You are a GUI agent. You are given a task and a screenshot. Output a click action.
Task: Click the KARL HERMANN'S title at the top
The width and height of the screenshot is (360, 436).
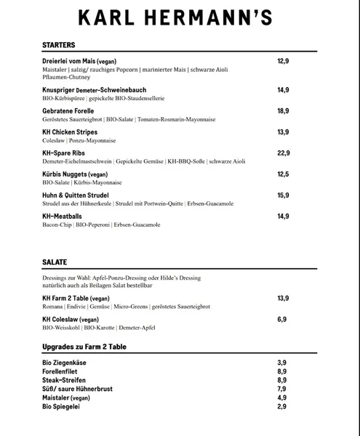pyautogui.click(x=180, y=18)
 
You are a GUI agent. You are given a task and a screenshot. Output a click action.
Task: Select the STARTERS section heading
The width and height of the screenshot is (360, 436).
pyautogui.click(x=58, y=45)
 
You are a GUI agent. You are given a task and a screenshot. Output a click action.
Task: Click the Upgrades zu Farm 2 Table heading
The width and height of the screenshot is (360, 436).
pyautogui.click(x=84, y=347)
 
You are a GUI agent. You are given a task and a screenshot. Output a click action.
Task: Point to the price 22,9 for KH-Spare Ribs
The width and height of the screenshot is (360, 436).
pyautogui.click(x=284, y=153)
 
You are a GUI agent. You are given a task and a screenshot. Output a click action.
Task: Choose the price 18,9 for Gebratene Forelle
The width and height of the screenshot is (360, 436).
pyautogui.click(x=284, y=111)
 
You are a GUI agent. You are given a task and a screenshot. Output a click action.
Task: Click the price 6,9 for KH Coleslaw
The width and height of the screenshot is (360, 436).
pyautogui.click(x=281, y=319)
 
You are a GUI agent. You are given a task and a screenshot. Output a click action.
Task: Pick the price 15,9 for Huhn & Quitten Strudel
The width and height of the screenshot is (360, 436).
pyautogui.click(x=284, y=195)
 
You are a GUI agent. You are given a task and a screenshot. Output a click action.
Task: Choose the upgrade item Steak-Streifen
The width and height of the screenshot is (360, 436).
pyautogui.click(x=63, y=379)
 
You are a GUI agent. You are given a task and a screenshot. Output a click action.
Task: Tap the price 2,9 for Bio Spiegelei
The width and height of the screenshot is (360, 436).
pyautogui.click(x=281, y=406)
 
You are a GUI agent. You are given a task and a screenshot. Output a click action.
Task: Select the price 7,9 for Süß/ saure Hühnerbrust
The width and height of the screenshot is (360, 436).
pyautogui.click(x=281, y=389)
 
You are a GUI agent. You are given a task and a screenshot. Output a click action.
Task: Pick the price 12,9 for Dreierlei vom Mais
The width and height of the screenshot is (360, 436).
pyautogui.click(x=284, y=61)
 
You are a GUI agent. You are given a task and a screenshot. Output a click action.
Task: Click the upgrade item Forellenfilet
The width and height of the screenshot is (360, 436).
pyautogui.click(x=60, y=371)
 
